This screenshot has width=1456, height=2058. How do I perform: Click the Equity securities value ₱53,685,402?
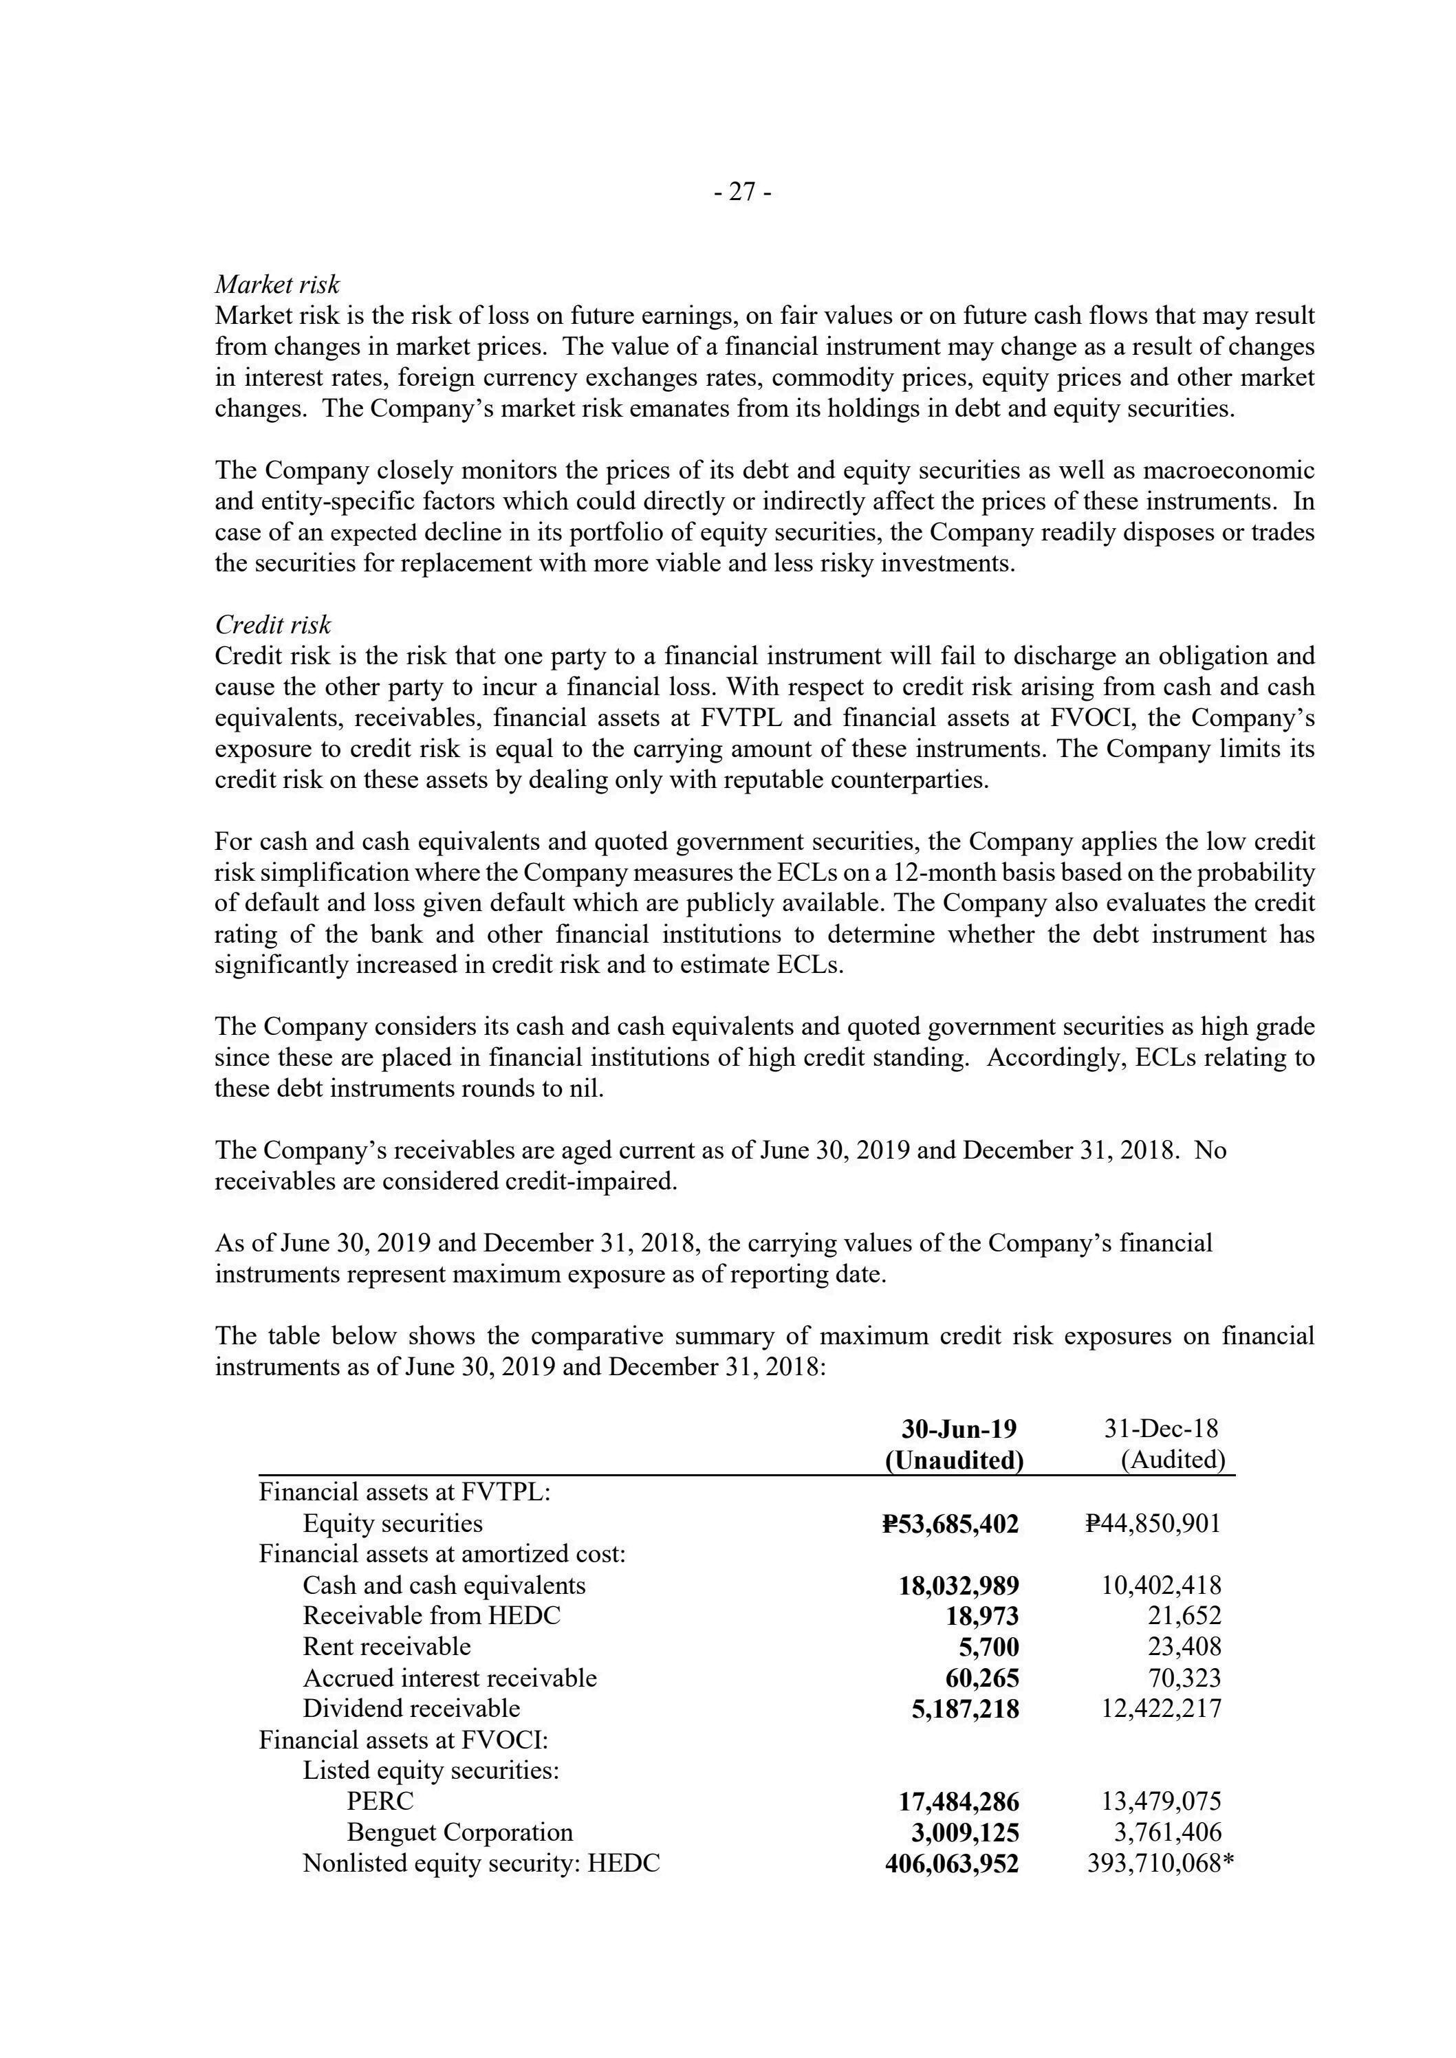point(950,1524)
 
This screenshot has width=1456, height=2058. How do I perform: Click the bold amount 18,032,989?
point(959,1586)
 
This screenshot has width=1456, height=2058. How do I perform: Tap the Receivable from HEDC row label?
point(431,1616)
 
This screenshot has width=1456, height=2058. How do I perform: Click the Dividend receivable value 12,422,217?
point(1161,1709)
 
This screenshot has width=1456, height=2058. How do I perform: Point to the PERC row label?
point(380,1801)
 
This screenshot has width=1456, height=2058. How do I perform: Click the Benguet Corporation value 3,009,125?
point(959,1832)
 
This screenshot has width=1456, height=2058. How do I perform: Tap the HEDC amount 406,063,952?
point(951,1863)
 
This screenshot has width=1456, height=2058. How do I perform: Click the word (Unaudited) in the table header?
point(954,1460)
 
